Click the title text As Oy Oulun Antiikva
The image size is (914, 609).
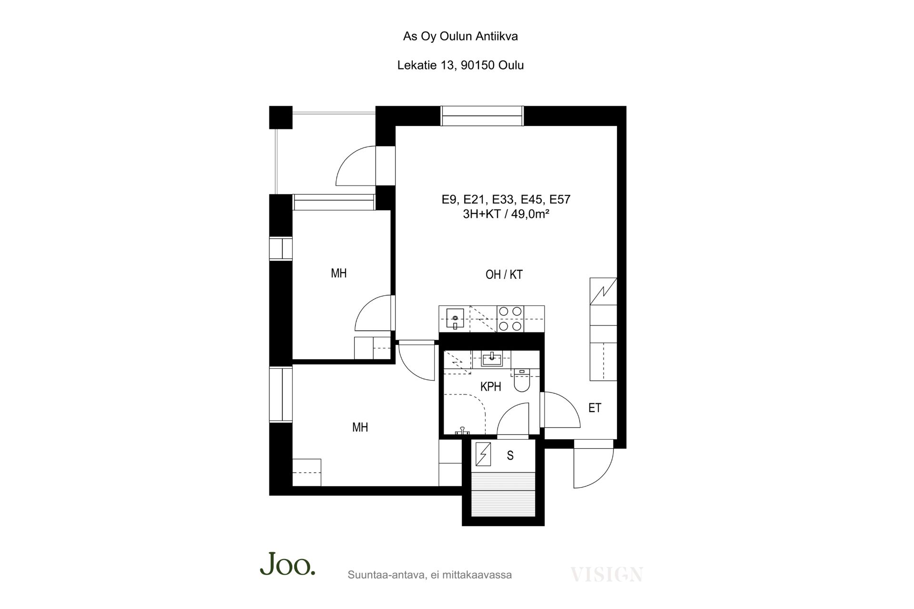pos(460,37)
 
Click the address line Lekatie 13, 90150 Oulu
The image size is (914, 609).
pos(460,65)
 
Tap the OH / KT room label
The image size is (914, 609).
pos(504,275)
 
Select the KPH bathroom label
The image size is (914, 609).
pos(491,387)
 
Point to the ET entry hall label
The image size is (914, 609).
pos(595,408)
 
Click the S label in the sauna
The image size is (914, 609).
pos(510,456)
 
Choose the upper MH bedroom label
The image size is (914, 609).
pos(339,273)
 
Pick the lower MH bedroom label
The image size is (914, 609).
pos(360,427)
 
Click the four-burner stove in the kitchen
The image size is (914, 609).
pos(510,319)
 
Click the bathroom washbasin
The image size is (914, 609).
pos(491,359)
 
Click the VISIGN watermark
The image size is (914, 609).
pos(607,574)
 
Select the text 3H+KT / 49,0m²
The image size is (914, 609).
pos(506,214)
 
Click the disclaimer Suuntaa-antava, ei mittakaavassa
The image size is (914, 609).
pos(430,575)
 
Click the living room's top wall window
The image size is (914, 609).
pos(482,116)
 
